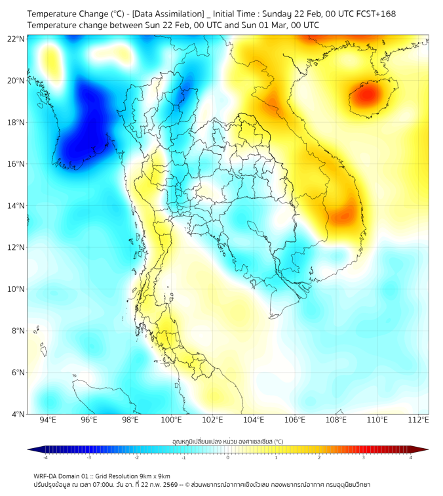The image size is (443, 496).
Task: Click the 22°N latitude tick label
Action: click(16, 39)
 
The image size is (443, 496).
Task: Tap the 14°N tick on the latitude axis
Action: click(16, 205)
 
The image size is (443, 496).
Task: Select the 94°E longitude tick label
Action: click(48, 420)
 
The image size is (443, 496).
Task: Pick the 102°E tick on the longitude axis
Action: click(213, 420)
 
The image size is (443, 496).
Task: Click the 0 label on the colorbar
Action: click(228, 457)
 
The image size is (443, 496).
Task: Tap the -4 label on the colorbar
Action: click(45, 457)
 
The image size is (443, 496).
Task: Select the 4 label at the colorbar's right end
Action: click(411, 457)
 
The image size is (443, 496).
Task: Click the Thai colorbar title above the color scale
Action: click(227, 442)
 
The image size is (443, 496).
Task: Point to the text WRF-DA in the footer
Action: click(47, 476)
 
